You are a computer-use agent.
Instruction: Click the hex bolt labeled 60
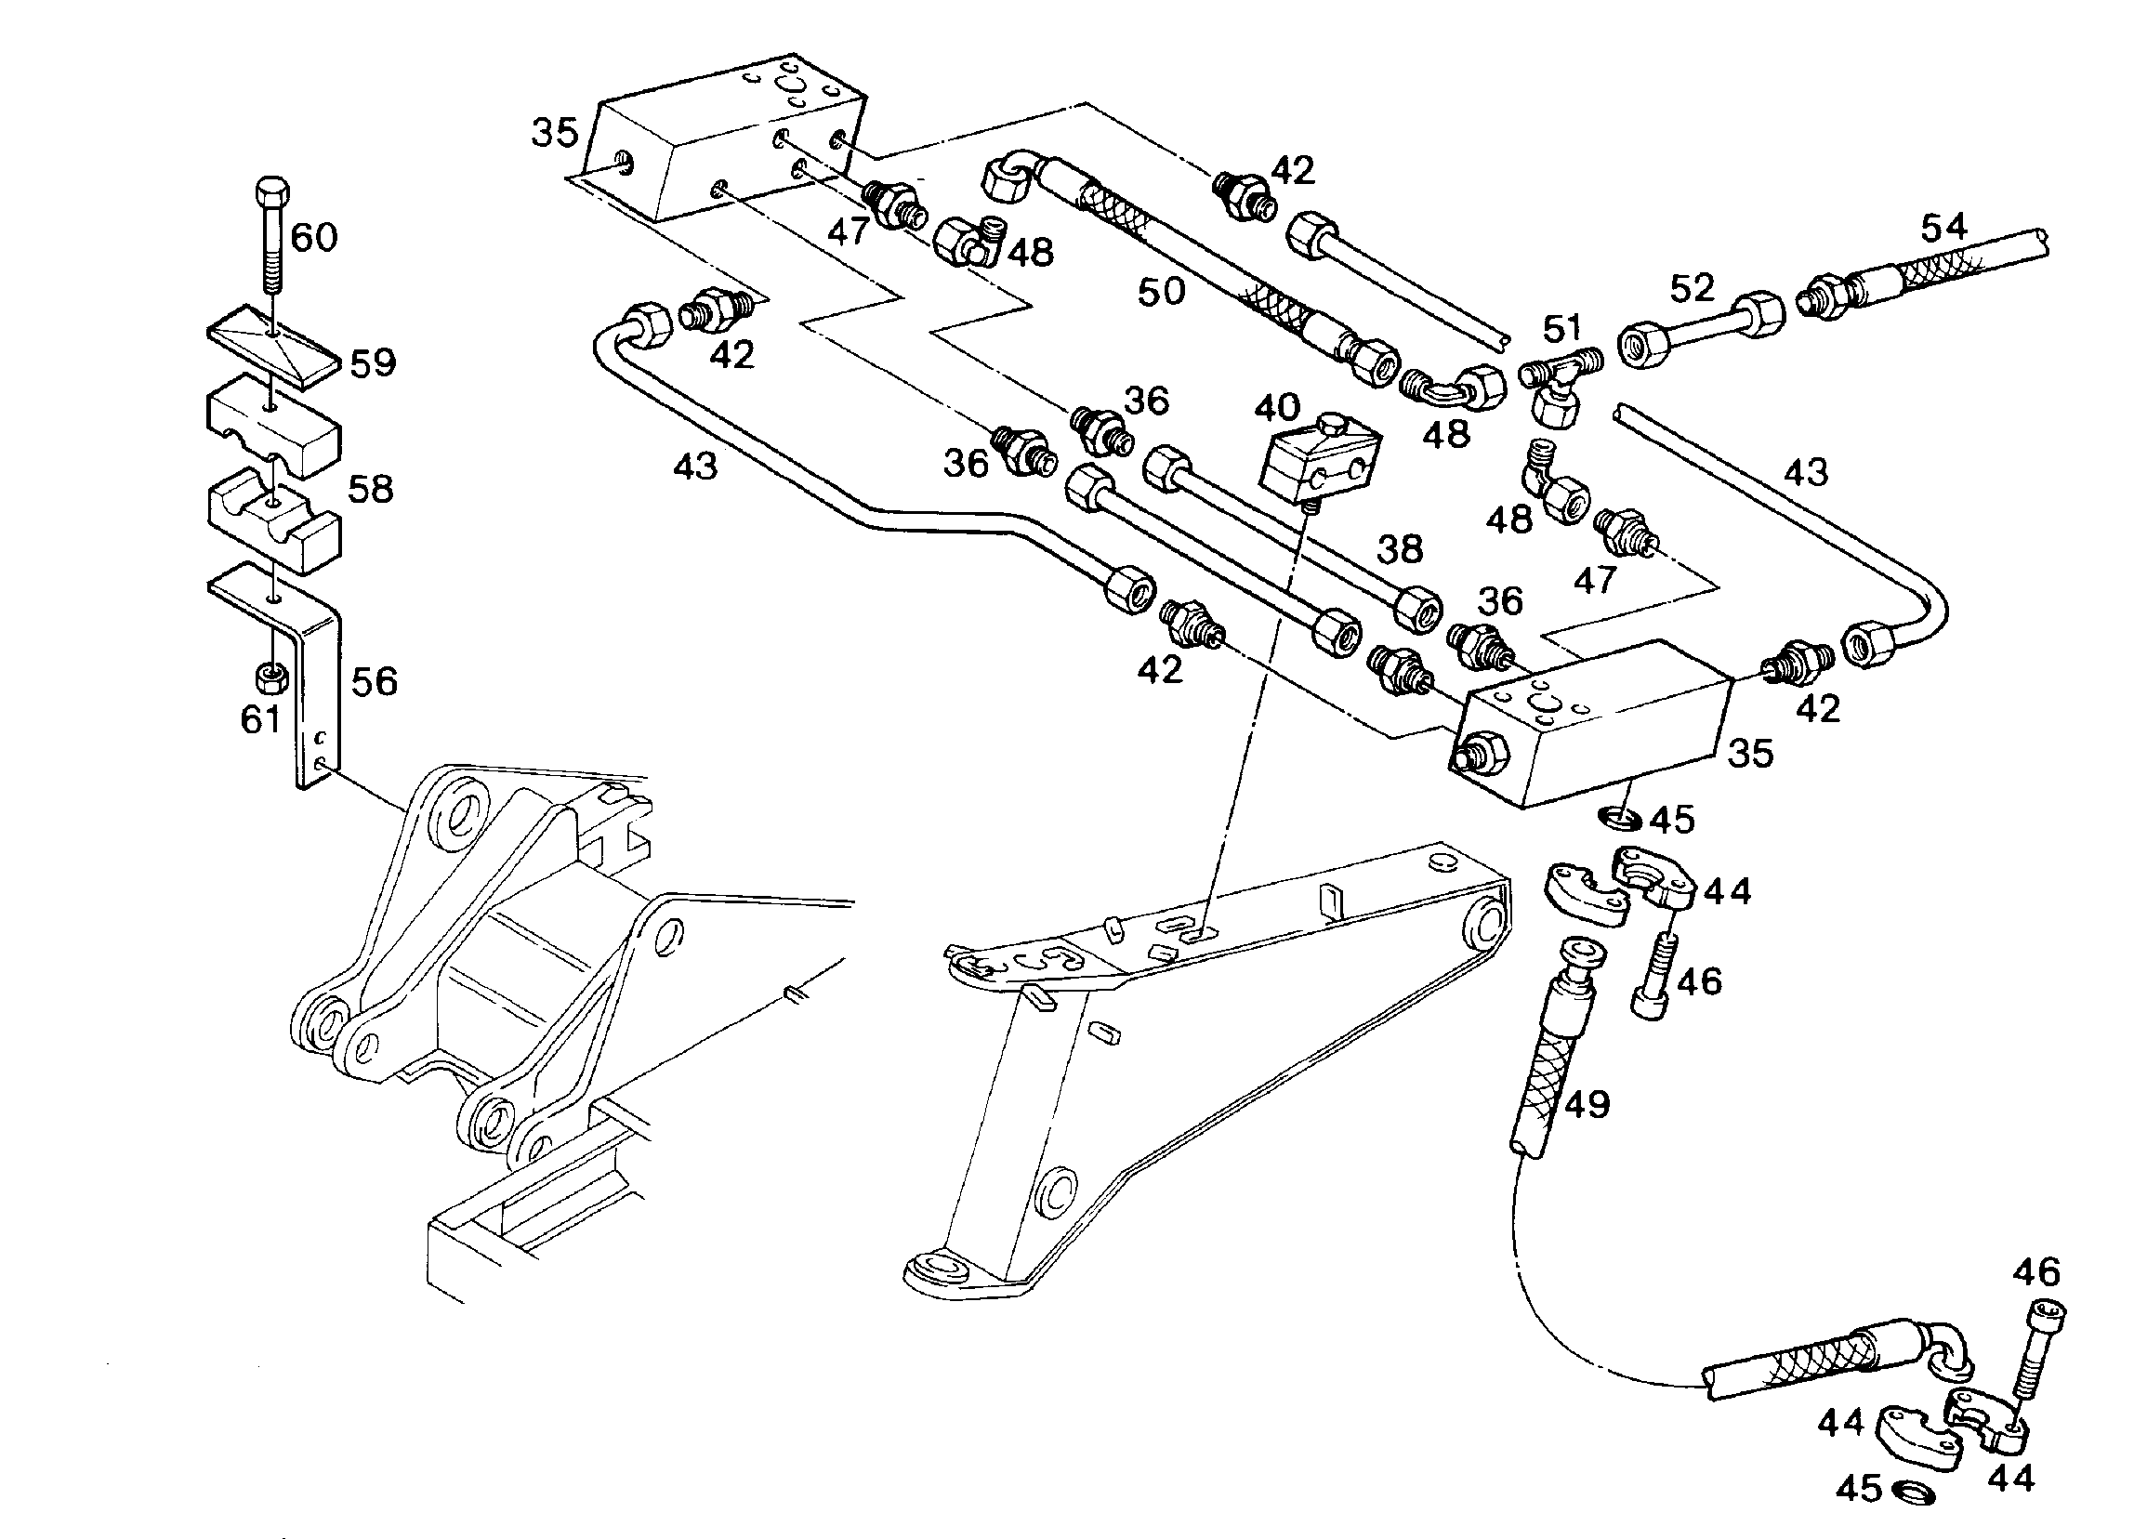272,235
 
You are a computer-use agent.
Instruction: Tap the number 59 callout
373,363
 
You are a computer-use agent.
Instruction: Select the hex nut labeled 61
272,676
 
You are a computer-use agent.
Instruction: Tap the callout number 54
1945,227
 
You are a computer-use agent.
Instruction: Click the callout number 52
1693,288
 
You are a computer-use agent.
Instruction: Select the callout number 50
1161,292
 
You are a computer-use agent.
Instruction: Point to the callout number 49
1587,1104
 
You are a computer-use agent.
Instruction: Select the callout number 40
1278,407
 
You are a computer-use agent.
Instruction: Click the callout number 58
371,489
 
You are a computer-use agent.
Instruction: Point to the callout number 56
375,681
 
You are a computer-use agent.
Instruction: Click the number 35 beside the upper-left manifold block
555,134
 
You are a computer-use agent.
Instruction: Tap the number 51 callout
1563,329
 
